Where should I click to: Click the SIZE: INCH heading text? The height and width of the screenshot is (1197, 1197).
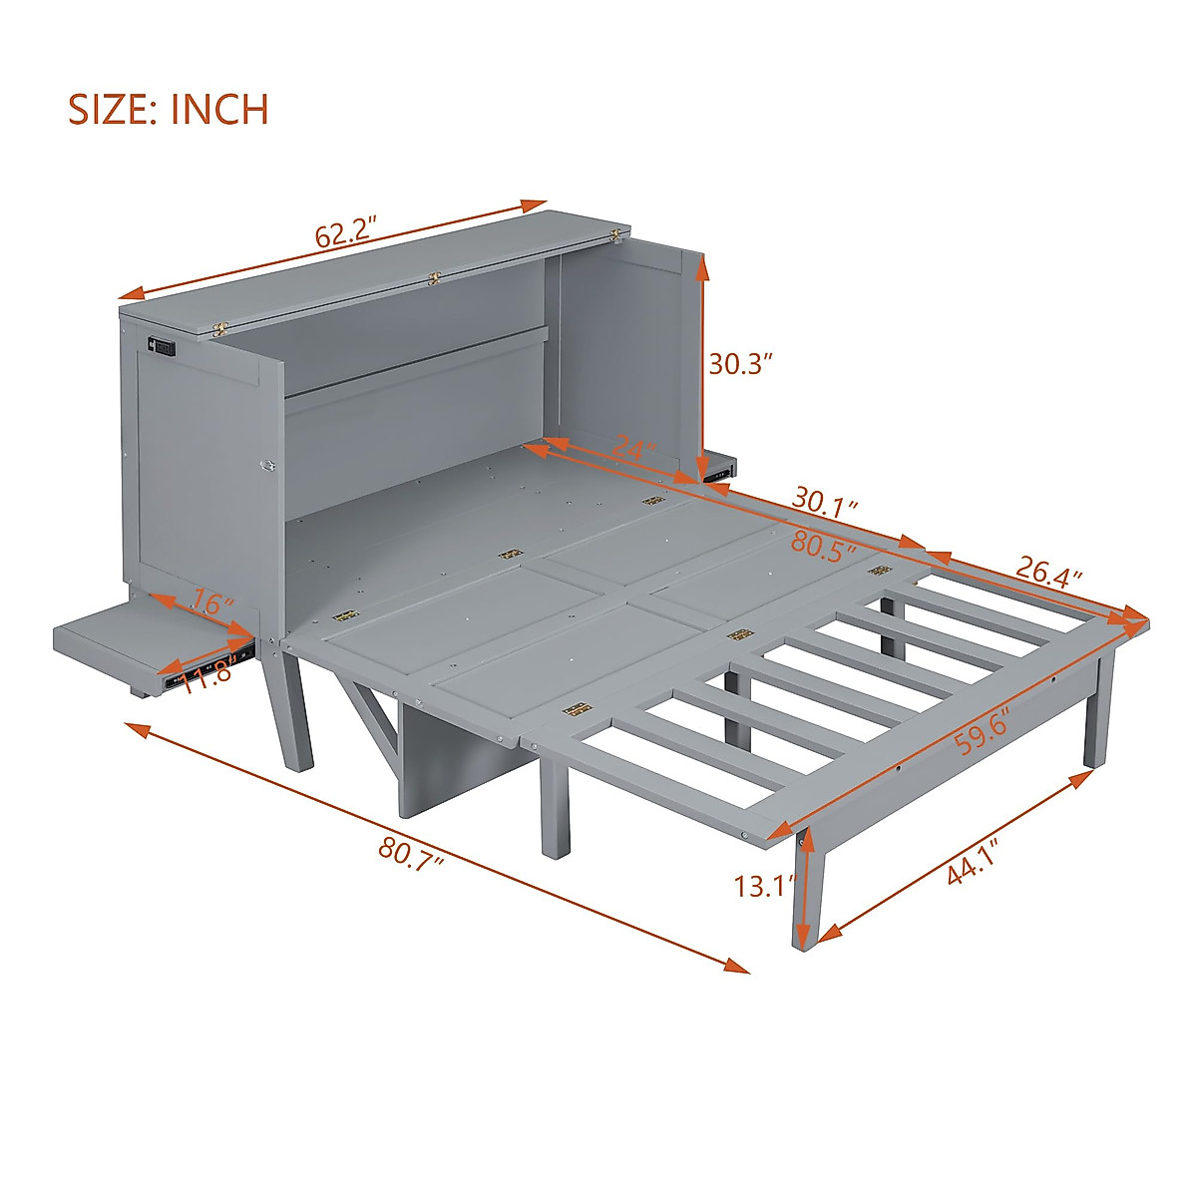pyautogui.click(x=169, y=109)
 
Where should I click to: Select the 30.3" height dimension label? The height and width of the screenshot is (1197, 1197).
pyautogui.click(x=741, y=364)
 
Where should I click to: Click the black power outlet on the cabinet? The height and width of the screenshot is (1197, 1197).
pyautogui.click(x=163, y=347)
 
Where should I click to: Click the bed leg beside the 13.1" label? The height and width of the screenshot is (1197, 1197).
pyautogui.click(x=808, y=888)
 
